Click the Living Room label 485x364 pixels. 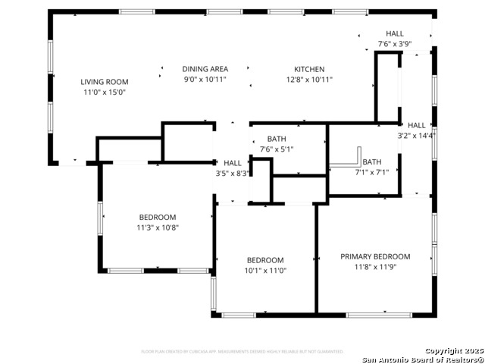(105, 82)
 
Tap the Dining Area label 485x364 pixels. (205, 69)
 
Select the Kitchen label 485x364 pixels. (309, 69)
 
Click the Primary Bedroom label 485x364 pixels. (374, 256)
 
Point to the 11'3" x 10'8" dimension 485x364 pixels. (157, 227)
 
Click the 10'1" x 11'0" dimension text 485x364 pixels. (264, 271)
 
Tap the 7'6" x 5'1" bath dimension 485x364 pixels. (276, 149)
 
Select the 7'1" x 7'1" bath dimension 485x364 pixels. (371, 172)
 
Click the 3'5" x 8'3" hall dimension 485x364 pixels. (232, 174)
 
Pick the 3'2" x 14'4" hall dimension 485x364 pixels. (416, 136)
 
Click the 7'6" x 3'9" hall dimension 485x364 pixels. (394, 44)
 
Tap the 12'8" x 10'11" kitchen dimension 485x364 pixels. (309, 80)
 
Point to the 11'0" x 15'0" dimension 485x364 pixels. (105, 93)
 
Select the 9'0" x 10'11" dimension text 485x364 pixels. (205, 80)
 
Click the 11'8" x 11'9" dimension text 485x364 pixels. (374, 267)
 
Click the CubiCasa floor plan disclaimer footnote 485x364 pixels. (242, 352)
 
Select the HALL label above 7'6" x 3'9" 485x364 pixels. (395, 33)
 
